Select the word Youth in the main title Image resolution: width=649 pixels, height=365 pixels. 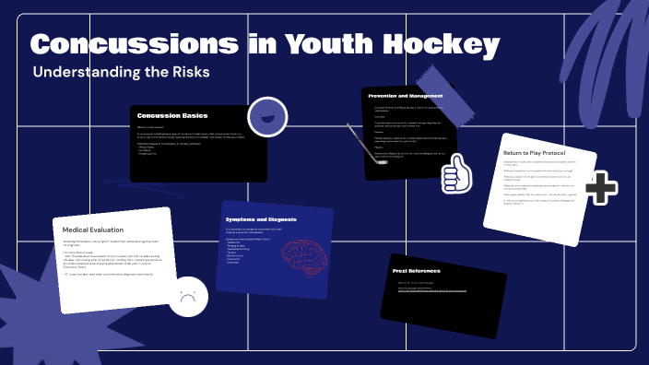pyautogui.click(x=330, y=44)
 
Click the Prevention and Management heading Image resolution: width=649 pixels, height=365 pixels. pyautogui.click(x=406, y=96)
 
